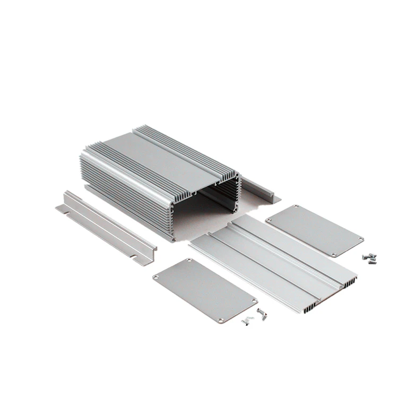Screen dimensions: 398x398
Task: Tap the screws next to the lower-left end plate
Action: coord(254,317)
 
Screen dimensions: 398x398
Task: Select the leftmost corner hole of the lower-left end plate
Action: coord(156,276)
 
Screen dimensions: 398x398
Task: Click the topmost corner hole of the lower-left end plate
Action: coord(189,261)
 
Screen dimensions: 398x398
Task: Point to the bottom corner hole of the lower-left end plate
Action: coord(220,321)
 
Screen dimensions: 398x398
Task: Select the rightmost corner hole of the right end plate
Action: coord(361,239)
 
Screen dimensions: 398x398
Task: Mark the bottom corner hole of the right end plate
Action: coord(333,254)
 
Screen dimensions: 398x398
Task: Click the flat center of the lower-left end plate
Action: coord(204,290)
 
